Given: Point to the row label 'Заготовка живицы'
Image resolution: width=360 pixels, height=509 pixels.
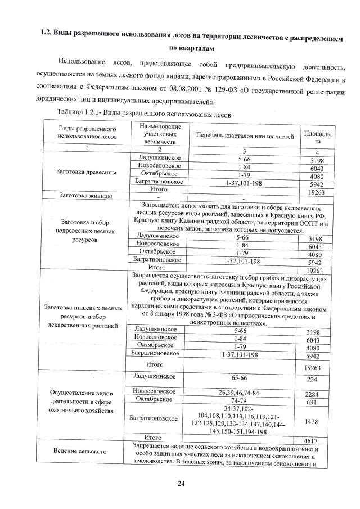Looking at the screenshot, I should [85, 196].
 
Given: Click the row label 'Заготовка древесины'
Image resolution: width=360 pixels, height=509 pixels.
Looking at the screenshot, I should [86, 172].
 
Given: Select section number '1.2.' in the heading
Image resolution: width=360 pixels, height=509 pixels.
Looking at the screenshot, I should [45, 33].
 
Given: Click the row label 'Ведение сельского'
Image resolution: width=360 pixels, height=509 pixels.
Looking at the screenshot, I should [80, 451].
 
